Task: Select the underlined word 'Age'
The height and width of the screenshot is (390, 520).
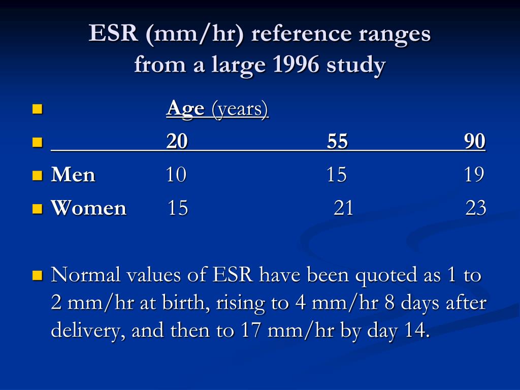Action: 185,109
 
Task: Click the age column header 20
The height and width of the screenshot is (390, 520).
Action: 177,141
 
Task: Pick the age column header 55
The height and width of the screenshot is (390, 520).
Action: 337,141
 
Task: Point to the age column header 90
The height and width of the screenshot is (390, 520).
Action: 475,141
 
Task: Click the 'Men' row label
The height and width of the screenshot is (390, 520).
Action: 73,175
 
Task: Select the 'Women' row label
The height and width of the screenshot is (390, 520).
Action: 88,208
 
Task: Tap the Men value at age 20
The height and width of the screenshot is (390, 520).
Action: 176,175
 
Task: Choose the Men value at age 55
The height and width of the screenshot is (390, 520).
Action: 337,175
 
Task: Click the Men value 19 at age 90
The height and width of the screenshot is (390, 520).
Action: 474,175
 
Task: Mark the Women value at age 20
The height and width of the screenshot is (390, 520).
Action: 178,208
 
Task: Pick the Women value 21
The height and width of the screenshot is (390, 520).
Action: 343,208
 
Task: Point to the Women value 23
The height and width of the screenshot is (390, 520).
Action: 476,208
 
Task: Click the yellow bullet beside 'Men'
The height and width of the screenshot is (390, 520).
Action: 38,175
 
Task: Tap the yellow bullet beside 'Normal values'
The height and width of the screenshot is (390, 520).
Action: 38,276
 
